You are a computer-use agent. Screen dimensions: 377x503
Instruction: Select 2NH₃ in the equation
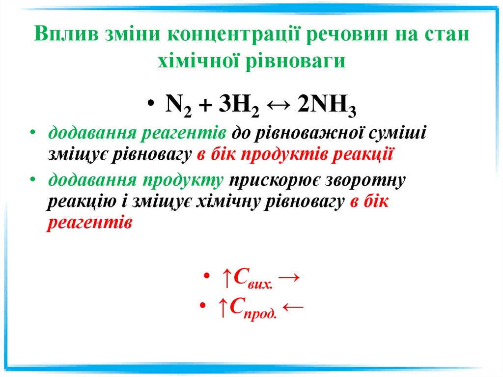click(326, 105)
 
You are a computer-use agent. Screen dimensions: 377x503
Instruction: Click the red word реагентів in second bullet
click(90, 223)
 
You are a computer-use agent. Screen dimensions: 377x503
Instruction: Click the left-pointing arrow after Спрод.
click(293, 307)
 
